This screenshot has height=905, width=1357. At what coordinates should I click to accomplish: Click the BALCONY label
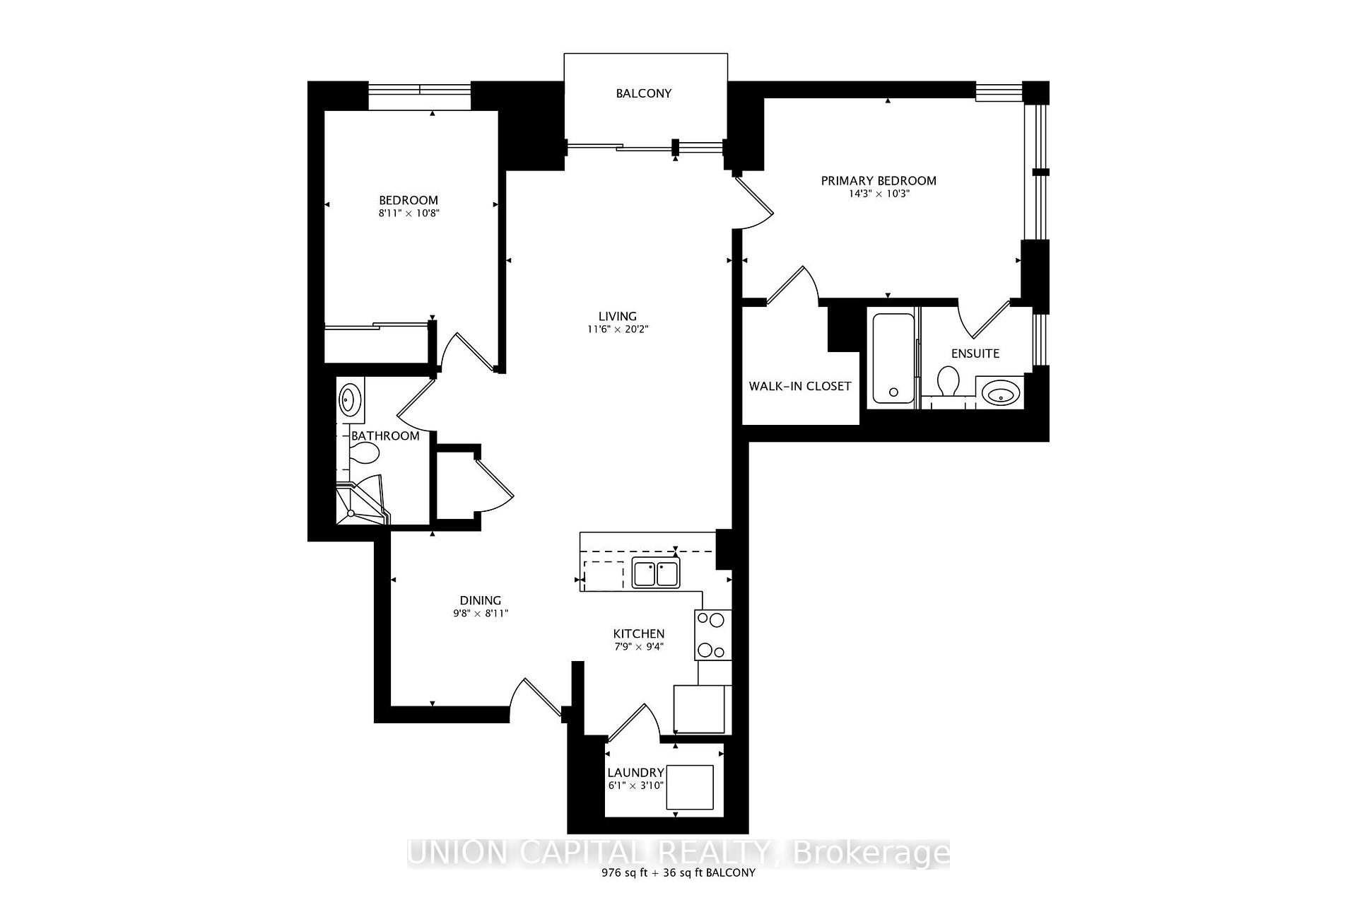643,93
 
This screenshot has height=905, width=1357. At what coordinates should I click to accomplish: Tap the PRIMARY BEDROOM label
878,181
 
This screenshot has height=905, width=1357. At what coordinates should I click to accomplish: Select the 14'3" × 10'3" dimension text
879,194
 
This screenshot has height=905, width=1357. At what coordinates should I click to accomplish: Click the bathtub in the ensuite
893,358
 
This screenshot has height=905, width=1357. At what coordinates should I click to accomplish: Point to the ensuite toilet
947,382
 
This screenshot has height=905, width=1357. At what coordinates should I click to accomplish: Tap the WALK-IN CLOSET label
800,386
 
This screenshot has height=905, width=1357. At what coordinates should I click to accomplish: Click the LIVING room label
617,316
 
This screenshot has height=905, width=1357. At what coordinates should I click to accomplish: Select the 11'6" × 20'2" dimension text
617,329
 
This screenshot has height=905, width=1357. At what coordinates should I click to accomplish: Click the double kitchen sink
655,573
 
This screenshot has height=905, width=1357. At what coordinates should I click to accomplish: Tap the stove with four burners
712,635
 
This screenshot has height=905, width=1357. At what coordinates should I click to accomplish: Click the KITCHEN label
638,633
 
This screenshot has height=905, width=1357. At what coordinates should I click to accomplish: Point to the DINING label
481,600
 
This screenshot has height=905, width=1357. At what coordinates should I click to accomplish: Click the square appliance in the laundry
689,787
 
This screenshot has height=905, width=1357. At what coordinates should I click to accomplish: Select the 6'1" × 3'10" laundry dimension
635,786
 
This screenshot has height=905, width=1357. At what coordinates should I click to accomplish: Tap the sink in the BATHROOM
349,399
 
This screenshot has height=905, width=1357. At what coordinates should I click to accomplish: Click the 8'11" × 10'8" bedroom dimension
409,213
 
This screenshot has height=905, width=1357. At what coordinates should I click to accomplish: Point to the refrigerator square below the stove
700,708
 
